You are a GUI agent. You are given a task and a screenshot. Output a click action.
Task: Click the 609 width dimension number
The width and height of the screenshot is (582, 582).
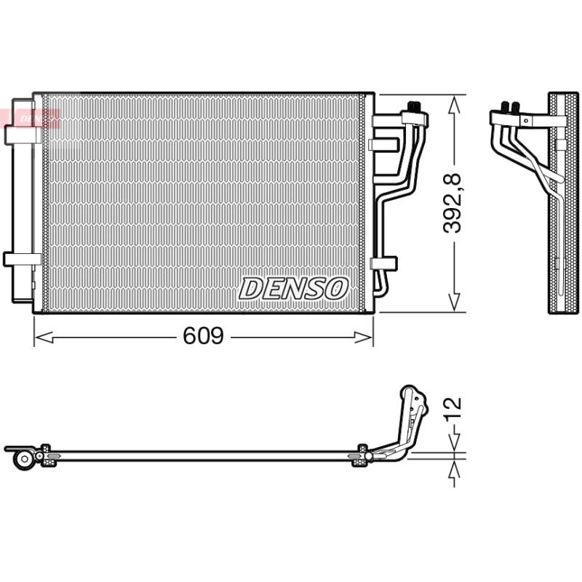(204, 335)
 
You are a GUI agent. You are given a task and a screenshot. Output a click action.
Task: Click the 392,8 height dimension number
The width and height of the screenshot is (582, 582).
(453, 203)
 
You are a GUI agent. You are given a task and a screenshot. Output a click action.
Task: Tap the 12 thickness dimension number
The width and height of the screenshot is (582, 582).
(453, 408)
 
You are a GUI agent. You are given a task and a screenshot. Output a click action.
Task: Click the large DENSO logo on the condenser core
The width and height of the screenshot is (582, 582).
(293, 288)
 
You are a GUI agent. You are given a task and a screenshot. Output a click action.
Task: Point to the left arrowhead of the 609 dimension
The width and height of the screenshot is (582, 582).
(43, 338)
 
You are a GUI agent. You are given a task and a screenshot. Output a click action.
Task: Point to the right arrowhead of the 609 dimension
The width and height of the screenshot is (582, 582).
(363, 338)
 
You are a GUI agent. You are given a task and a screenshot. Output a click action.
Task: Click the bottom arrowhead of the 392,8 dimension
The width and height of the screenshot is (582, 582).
(454, 302)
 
